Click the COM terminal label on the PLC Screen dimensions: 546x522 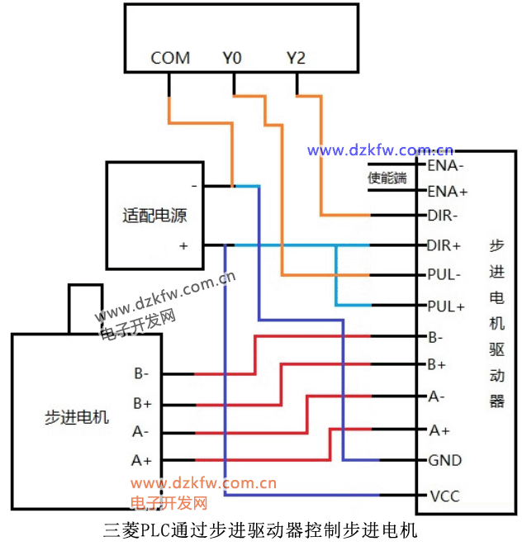click(x=170, y=58)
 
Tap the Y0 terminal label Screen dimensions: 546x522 click(x=232, y=58)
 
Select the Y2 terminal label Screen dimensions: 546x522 click(x=296, y=58)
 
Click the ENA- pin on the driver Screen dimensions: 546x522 click(x=446, y=164)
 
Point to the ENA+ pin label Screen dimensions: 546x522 click(x=447, y=191)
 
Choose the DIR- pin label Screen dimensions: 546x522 click(x=444, y=216)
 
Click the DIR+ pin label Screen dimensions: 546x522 click(x=444, y=245)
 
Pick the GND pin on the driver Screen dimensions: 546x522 click(x=444, y=460)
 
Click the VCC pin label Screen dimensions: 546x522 click(x=444, y=496)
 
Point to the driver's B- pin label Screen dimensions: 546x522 click(x=435, y=337)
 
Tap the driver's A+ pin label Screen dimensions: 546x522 click(x=439, y=430)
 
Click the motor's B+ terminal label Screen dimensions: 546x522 click(x=142, y=404)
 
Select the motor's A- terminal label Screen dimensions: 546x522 click(x=141, y=431)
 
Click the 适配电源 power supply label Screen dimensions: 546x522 click(x=154, y=216)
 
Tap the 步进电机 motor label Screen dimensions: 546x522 click(x=76, y=417)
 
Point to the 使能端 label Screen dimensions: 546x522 click(x=387, y=178)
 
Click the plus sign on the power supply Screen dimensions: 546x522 click(x=183, y=245)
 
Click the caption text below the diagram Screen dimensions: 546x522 click(x=261, y=529)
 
